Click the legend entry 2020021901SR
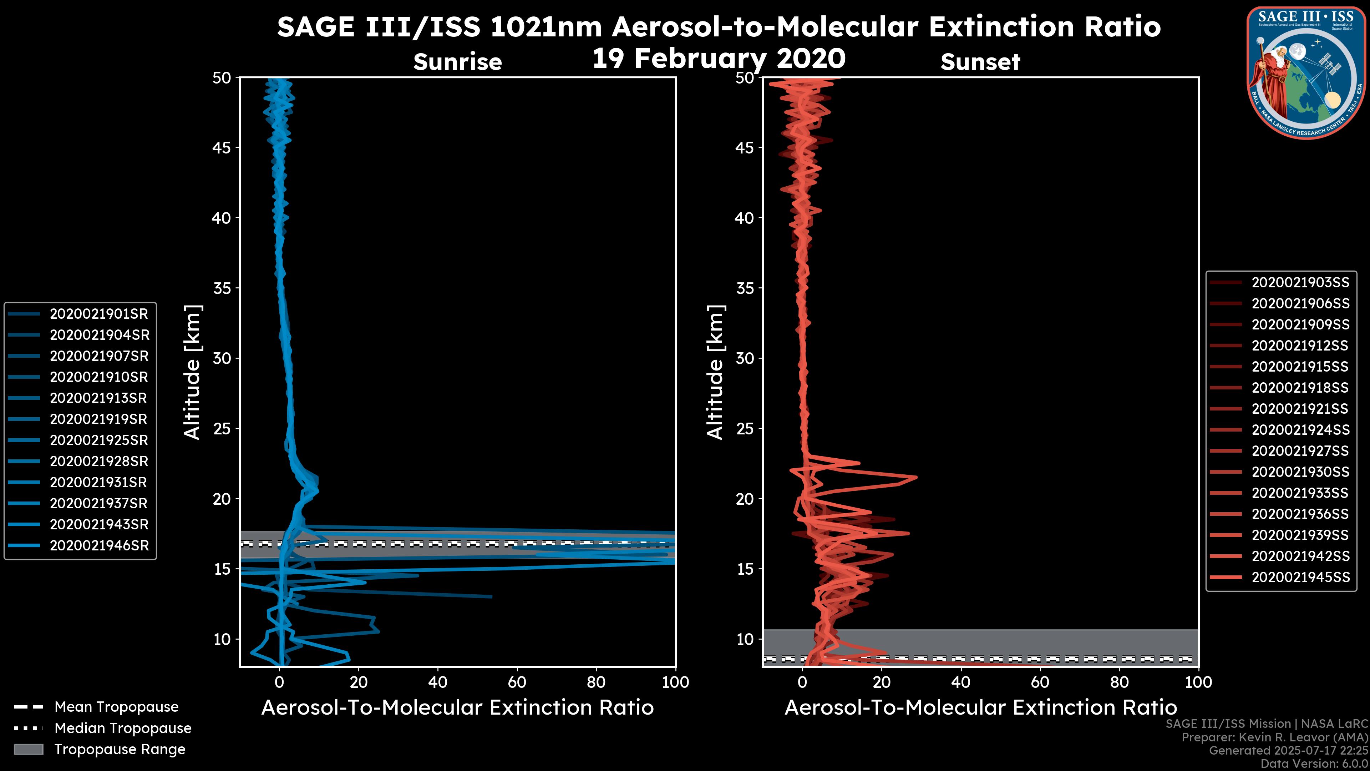98,314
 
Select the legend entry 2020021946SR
98,545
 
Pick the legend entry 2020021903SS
1300,283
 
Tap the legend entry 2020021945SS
1300,577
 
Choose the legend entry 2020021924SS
1300,430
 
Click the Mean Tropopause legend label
116,707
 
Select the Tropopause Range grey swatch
29,749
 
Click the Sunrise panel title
457,62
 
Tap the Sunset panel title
980,62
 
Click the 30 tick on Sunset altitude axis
745,358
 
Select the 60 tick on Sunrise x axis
517,682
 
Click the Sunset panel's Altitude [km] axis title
715,372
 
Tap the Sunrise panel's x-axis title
457,708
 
